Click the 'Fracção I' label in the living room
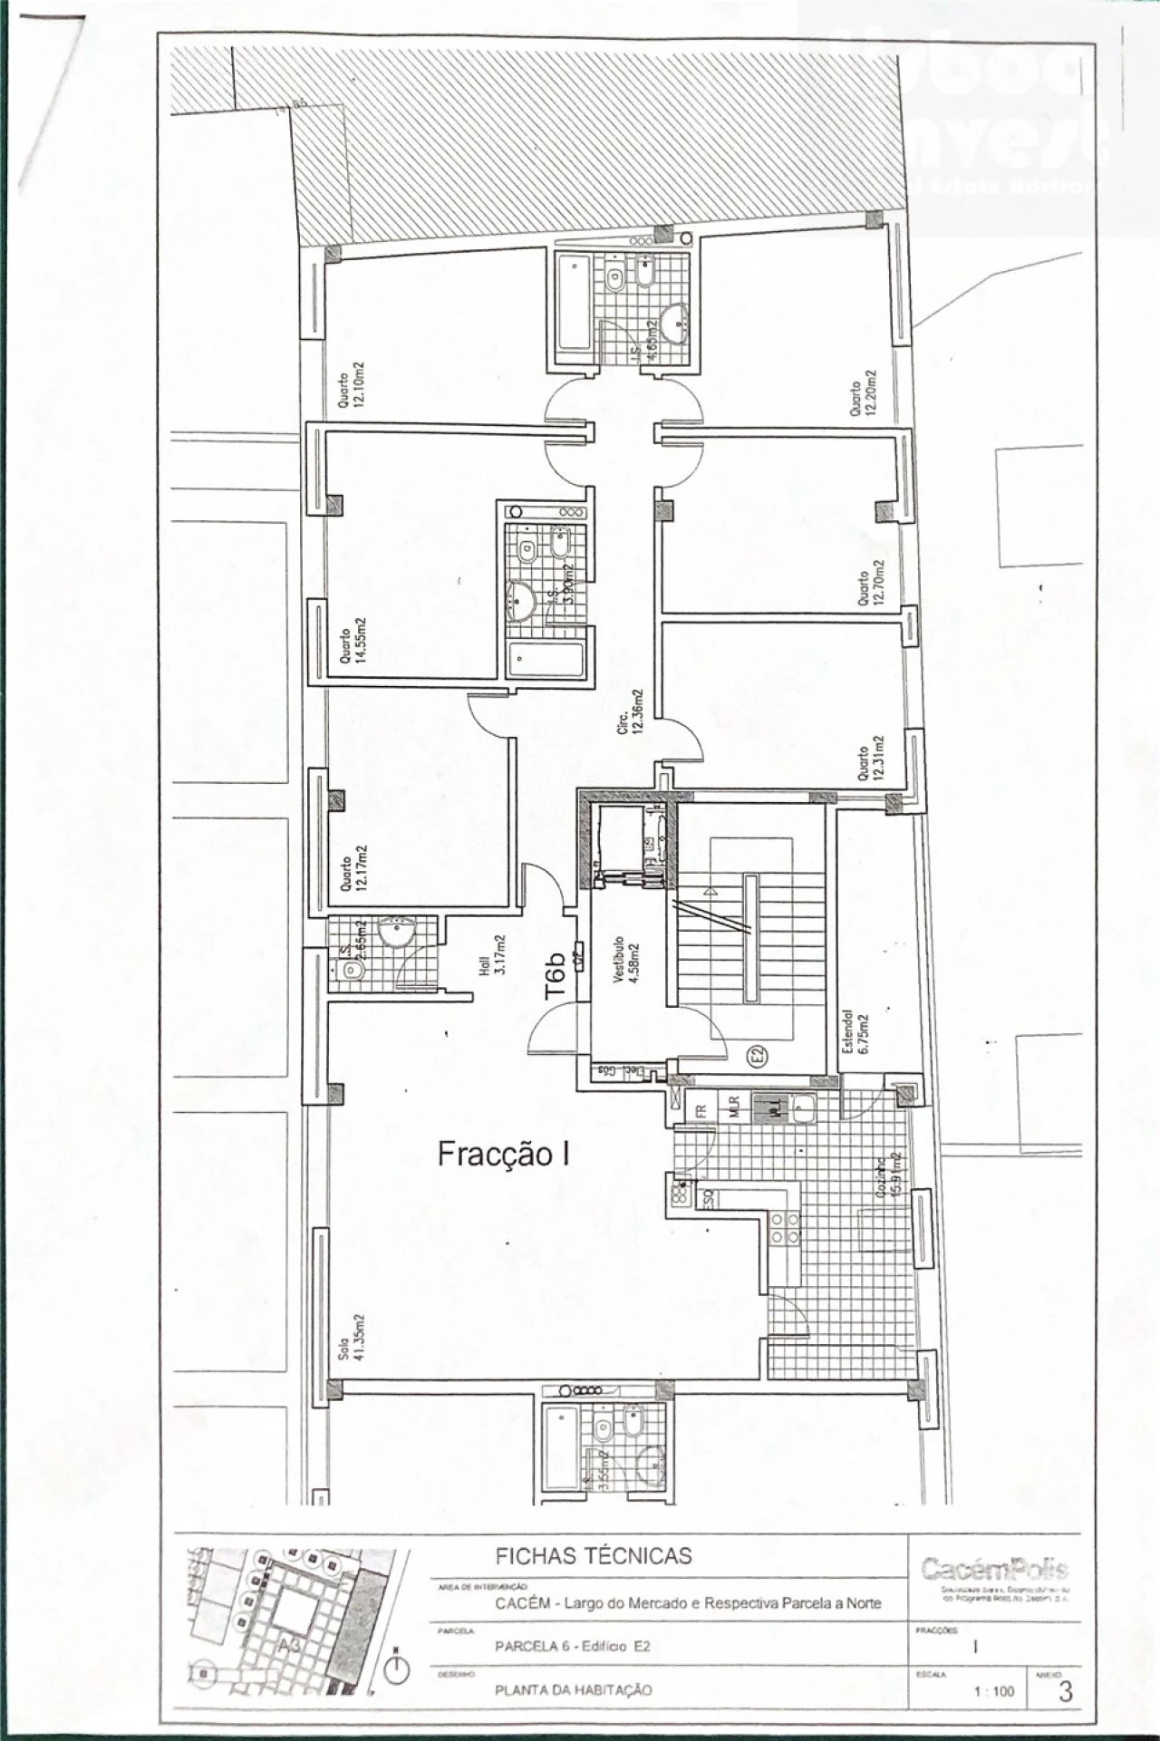point(503,1154)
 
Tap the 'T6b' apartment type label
point(556,975)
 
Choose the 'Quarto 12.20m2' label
point(863,392)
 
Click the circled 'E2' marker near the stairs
point(756,1055)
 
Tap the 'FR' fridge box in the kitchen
point(701,1108)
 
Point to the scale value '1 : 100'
point(993,1691)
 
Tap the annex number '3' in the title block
point(1065,1691)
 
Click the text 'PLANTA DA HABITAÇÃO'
point(573,1689)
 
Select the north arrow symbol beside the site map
point(397,1668)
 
